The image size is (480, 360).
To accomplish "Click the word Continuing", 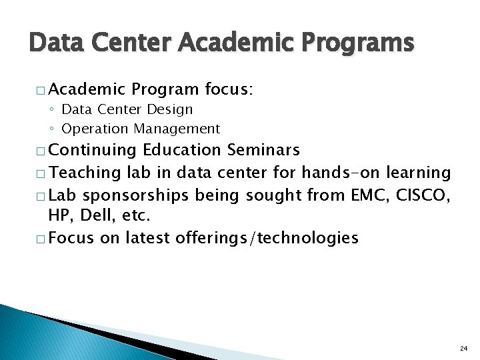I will coord(93,150).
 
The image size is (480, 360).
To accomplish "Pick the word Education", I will coord(182,150).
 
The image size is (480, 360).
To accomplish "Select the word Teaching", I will coord(85,173).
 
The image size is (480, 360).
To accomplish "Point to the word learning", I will coord(419,173).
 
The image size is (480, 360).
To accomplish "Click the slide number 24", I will coord(463,348).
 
